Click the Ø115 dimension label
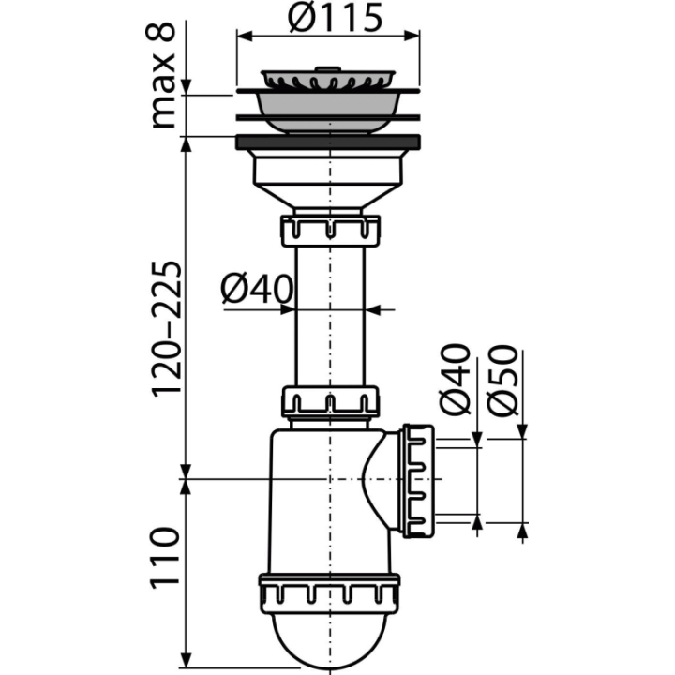[x=336, y=18]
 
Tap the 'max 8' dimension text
[x=163, y=75]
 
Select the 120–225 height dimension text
[x=166, y=327]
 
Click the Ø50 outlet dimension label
[x=502, y=381]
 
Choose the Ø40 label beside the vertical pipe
[x=257, y=289]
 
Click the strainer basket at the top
[x=328, y=79]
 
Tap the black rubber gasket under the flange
[x=328, y=142]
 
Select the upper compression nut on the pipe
[x=331, y=231]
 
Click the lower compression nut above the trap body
[x=330, y=402]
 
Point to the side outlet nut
[x=418, y=481]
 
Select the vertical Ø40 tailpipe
[x=330, y=317]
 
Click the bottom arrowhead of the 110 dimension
[x=186, y=661]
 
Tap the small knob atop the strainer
[x=328, y=68]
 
